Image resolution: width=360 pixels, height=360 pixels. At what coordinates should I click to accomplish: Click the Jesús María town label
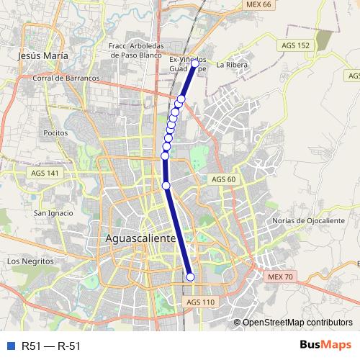[x=45, y=55]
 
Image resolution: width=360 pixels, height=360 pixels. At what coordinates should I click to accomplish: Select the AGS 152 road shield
[x=296, y=45]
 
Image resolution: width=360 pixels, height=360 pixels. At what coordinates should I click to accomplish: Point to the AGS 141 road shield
[x=45, y=174]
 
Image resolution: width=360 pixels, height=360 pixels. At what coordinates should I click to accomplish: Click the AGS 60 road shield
[x=223, y=179]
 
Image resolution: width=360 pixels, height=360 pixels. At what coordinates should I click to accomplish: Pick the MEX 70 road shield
[x=280, y=276]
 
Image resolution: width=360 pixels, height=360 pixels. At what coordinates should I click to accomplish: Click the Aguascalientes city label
[x=141, y=237]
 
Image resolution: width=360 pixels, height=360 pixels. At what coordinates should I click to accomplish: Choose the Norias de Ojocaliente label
[x=310, y=220]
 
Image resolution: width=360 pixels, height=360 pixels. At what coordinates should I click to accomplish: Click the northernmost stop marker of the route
[x=194, y=63]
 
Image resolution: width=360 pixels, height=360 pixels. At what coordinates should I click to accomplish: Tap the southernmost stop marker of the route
[x=191, y=276]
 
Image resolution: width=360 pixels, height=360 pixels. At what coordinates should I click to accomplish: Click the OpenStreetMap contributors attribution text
[x=297, y=323]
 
